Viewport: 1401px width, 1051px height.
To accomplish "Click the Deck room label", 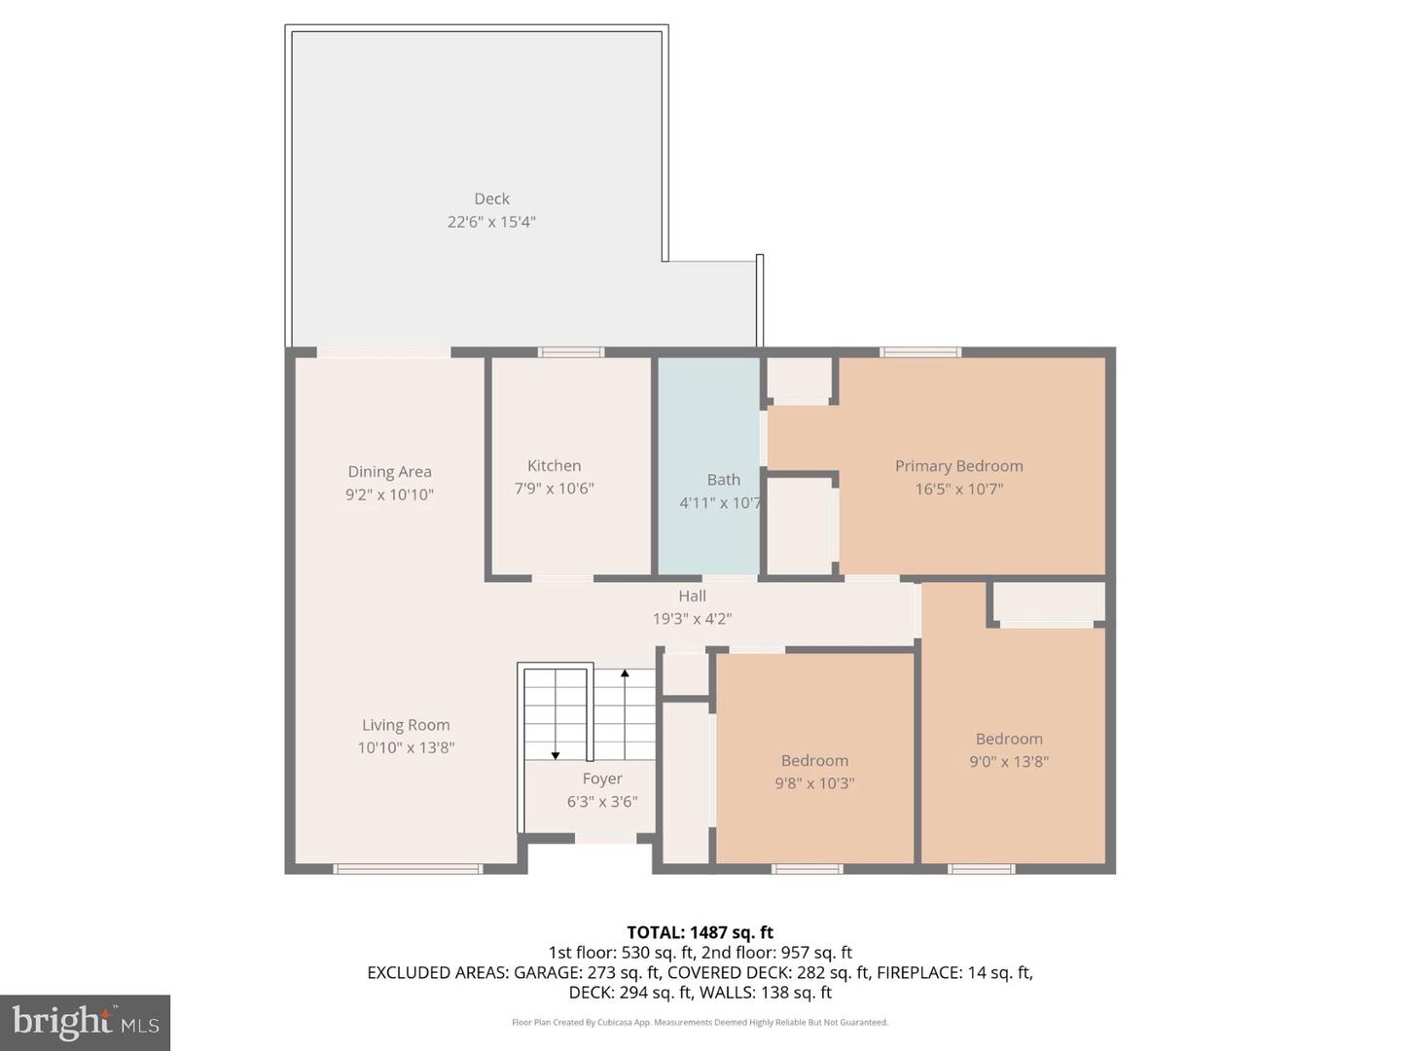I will tap(491, 199).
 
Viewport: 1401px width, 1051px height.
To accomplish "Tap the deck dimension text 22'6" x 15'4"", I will tap(491, 222).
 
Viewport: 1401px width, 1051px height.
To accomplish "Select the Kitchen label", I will tap(554, 466).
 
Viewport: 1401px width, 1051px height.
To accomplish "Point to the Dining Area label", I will tap(389, 472).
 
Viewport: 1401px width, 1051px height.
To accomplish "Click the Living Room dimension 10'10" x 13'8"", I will tap(406, 748).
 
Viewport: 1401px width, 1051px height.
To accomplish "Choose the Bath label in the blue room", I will tap(723, 480).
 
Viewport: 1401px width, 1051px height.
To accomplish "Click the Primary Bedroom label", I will tap(958, 466).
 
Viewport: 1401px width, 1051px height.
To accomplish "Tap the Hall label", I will tap(692, 596).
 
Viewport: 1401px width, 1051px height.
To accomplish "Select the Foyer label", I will tap(602, 779).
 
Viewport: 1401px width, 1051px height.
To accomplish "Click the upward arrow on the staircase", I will tap(625, 673).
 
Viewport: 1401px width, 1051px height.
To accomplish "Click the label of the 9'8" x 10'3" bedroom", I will tap(814, 761).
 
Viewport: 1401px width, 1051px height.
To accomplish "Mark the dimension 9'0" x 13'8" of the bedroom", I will tap(1009, 762).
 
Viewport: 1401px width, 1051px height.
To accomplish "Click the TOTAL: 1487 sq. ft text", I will tap(700, 932).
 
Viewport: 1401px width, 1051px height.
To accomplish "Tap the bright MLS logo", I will tap(86, 1022).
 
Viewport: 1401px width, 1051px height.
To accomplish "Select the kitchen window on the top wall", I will tap(571, 352).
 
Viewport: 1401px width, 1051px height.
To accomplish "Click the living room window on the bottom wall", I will tap(408, 869).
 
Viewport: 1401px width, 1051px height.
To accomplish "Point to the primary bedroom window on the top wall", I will tap(920, 352).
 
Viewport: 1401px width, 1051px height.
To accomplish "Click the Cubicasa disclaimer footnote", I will tap(700, 1023).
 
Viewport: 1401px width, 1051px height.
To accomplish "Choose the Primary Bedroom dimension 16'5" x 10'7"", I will tap(958, 489).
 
